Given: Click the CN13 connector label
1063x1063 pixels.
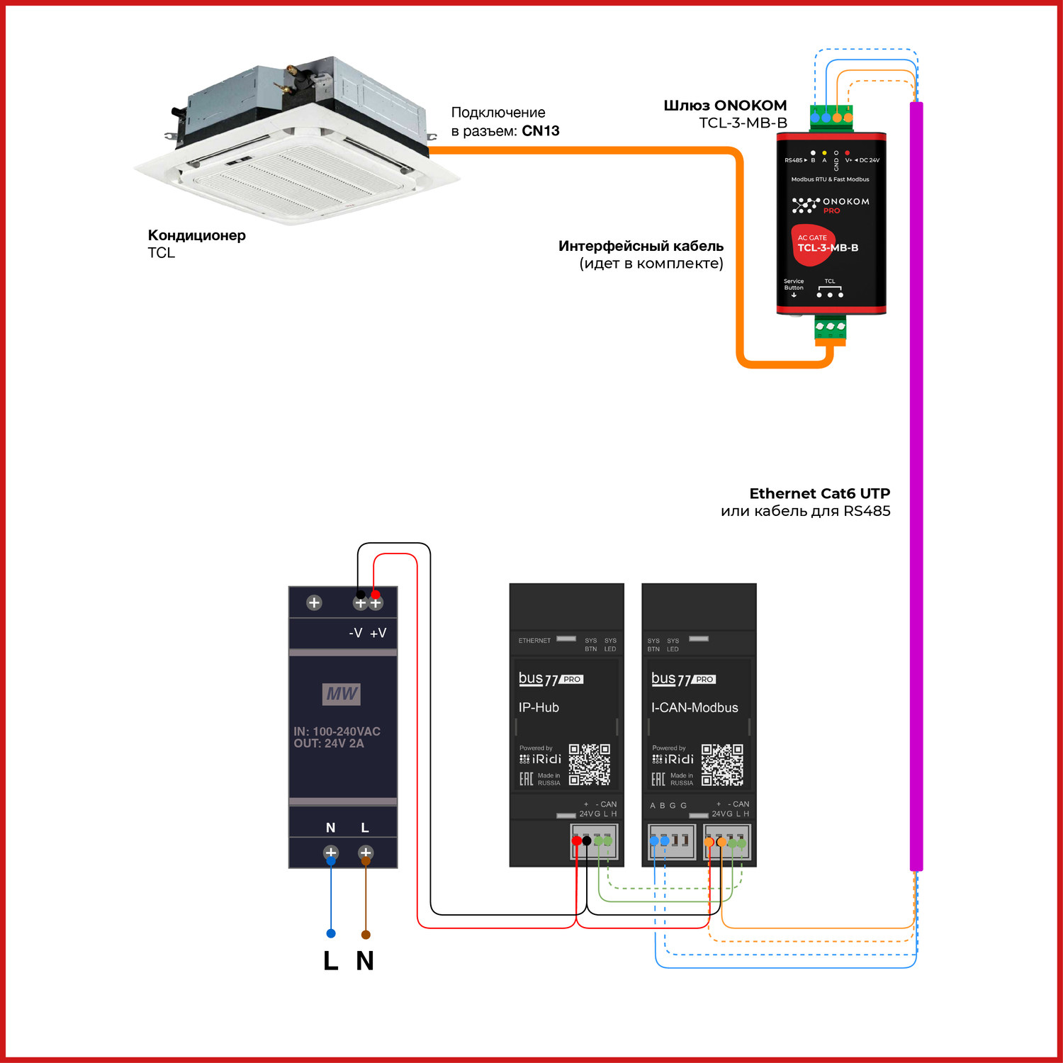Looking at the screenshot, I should click(541, 131).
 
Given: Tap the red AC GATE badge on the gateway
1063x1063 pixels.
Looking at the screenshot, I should click(812, 245).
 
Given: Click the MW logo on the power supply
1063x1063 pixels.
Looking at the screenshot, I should click(342, 694).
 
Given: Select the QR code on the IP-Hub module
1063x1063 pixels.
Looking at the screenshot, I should click(589, 764).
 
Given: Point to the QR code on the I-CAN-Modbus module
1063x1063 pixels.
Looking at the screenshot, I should click(722, 764).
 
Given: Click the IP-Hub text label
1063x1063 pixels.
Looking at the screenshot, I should click(539, 707).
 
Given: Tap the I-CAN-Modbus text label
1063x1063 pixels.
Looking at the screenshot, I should click(694, 707).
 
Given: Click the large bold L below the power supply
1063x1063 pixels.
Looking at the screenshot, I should click(330, 961).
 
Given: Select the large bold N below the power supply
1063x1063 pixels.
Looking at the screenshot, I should click(365, 961).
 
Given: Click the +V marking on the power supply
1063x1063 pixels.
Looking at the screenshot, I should click(378, 633).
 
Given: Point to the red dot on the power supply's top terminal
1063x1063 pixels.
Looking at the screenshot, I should click(376, 595).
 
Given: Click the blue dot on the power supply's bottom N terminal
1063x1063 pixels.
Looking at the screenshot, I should click(331, 861).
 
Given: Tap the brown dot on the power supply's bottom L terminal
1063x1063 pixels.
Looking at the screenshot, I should click(366, 861).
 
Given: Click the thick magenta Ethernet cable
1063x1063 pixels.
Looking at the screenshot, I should click(916, 496).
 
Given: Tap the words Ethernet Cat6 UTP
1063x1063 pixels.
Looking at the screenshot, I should click(819, 493).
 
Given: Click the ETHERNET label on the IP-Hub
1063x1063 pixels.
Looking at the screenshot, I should click(534, 641).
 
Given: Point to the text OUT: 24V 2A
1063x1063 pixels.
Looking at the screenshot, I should click(329, 743).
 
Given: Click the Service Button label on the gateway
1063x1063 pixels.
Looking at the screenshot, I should click(794, 285).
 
